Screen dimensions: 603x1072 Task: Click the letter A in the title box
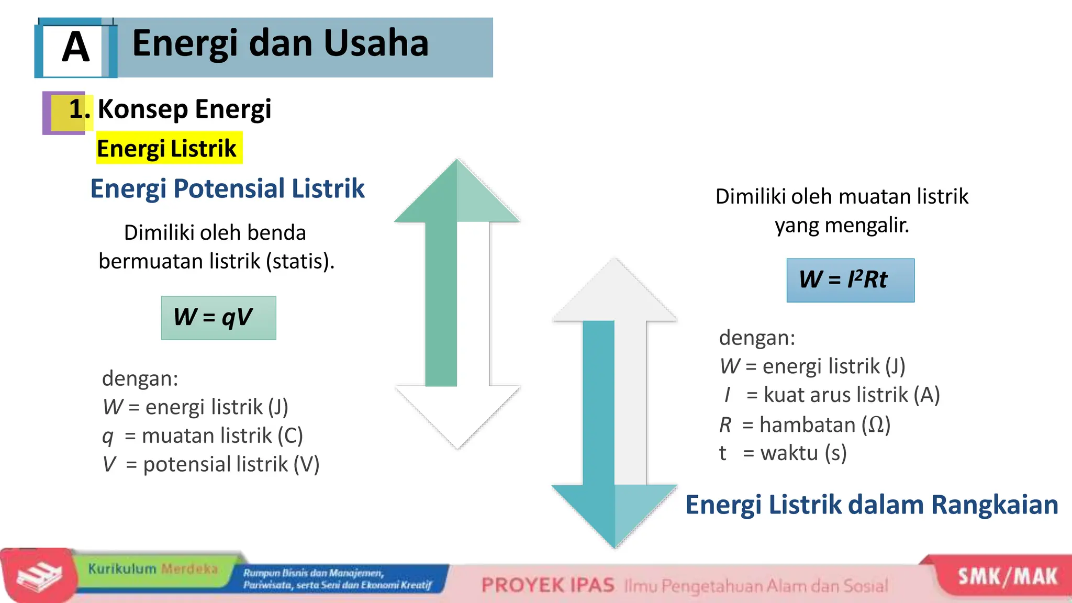75,47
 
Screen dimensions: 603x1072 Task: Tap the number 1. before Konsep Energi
79,109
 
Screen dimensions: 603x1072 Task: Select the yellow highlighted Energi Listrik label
167,148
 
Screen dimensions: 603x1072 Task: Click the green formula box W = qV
218,318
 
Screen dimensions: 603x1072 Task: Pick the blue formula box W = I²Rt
850,280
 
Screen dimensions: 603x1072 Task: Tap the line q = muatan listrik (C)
203,435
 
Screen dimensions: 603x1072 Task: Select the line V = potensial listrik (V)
211,464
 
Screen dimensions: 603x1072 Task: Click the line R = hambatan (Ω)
805,425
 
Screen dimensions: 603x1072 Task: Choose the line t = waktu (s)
783,453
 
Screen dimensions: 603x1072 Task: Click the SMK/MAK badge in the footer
1007,576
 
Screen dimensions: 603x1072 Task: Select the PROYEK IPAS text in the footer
548,585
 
